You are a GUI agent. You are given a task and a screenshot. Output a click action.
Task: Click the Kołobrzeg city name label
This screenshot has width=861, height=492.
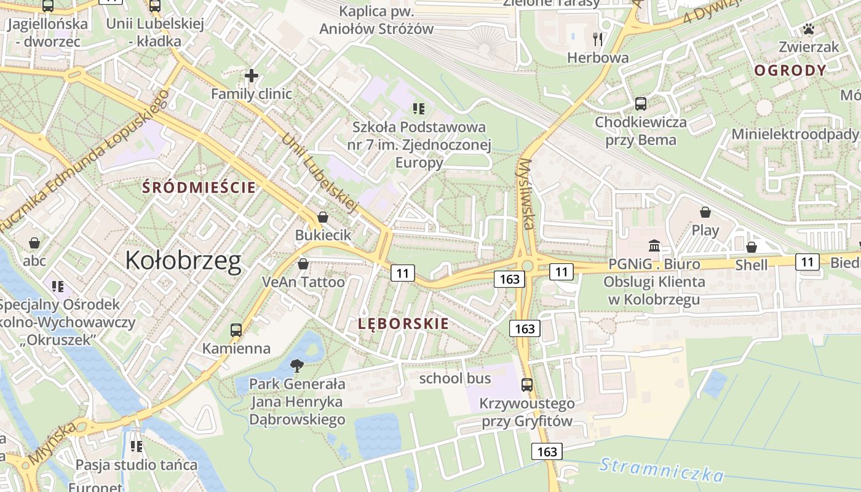(183, 261)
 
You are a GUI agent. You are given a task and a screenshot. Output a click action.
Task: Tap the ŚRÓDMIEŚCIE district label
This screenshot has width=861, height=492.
(199, 188)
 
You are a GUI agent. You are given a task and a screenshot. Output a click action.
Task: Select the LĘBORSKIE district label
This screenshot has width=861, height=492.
(403, 323)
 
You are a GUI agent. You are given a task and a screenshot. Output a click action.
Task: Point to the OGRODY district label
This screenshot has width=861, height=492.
(790, 70)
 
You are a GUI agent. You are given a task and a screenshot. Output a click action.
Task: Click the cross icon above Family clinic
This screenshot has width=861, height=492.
(251, 76)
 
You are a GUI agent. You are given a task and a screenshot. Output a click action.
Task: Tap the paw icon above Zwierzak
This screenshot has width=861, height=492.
(809, 29)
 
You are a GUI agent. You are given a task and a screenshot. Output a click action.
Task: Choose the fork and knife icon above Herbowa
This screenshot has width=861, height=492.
(598, 39)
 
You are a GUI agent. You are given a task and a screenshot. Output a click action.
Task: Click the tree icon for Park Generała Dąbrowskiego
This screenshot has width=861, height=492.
(297, 366)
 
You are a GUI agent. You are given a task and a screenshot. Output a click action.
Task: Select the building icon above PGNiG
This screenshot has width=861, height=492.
(654, 246)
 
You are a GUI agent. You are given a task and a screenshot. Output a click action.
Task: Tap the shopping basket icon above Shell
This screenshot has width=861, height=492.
(752, 247)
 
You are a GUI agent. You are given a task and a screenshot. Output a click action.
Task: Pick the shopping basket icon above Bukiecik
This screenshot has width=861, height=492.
(323, 217)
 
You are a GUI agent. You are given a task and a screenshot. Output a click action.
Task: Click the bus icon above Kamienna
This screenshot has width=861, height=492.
(236, 330)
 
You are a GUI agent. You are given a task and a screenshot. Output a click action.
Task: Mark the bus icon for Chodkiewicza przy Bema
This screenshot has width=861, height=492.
(641, 103)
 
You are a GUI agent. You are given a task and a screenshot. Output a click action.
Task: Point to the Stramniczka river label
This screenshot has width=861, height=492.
(662, 469)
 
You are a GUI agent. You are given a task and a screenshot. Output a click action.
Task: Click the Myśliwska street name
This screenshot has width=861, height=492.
(526, 194)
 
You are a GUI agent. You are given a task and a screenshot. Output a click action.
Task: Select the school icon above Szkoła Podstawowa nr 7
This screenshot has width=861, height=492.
(419, 109)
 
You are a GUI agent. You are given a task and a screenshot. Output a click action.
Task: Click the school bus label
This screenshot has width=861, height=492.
(455, 378)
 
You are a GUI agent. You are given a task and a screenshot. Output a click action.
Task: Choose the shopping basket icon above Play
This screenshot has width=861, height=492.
(705, 212)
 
